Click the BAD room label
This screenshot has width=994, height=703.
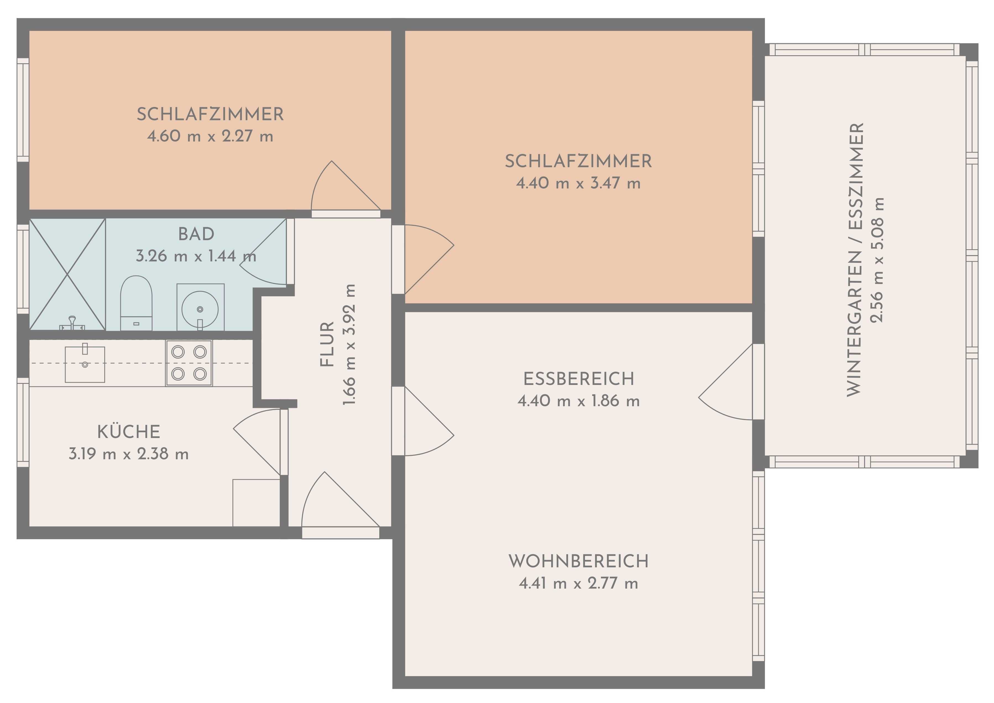[x=196, y=234]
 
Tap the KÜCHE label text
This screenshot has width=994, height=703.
[x=129, y=432]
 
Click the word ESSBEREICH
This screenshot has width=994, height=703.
[x=579, y=379]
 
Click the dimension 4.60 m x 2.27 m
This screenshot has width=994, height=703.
[x=210, y=136]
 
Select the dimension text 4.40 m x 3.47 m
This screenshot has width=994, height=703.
[x=578, y=183]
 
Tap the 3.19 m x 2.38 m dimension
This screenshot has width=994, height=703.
[x=129, y=454]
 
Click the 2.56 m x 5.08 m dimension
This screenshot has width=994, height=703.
[x=878, y=260]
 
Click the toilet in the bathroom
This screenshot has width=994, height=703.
[x=136, y=303]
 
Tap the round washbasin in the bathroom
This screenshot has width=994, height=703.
[x=200, y=309]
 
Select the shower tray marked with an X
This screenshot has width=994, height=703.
[x=67, y=274]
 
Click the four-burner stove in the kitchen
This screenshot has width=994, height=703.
[x=189, y=363]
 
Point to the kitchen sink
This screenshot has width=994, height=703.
[x=85, y=364]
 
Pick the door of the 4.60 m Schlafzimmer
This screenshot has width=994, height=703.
[x=346, y=190]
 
